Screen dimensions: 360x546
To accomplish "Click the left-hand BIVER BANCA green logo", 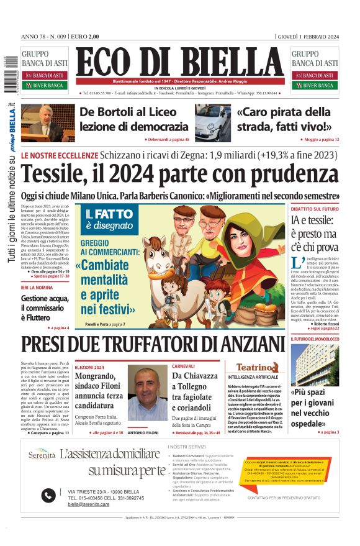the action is point(47,85).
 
